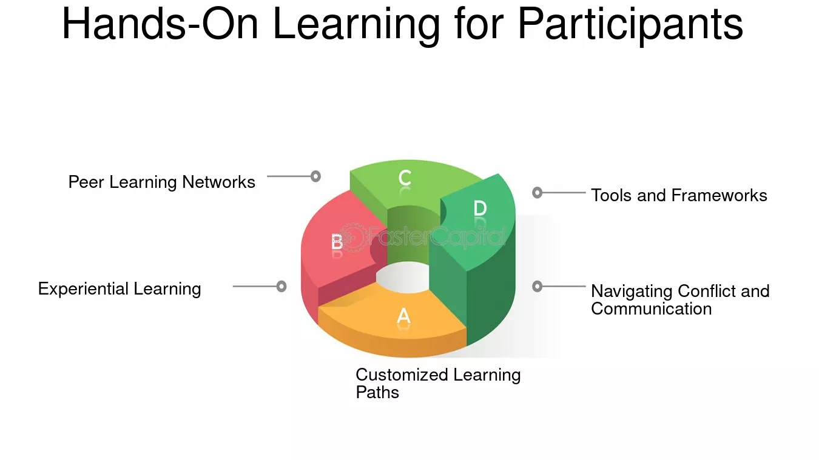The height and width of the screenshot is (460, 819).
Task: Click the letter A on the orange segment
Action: click(x=403, y=316)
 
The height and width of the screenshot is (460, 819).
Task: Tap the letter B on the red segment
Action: click(x=337, y=241)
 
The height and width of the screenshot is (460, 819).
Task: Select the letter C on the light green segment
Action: click(x=405, y=178)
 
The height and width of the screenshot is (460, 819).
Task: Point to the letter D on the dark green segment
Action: click(x=480, y=208)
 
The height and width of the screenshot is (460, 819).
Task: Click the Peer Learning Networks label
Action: click(x=161, y=182)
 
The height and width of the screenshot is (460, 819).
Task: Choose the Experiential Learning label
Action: click(x=120, y=289)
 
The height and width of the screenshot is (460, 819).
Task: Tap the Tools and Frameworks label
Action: click(x=679, y=195)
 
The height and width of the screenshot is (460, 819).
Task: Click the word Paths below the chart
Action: click(x=377, y=392)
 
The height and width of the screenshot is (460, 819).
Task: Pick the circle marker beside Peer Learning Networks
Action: click(x=315, y=176)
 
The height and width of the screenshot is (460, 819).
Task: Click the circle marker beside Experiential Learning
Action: click(x=281, y=287)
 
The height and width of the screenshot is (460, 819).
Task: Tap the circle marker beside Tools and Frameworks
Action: click(x=537, y=193)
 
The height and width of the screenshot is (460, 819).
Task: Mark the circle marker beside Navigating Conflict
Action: click(x=537, y=287)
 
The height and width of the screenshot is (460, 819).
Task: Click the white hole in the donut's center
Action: click(x=402, y=278)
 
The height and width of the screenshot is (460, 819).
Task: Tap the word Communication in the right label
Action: click(x=652, y=309)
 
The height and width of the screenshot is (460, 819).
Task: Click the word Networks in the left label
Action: click(x=218, y=182)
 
